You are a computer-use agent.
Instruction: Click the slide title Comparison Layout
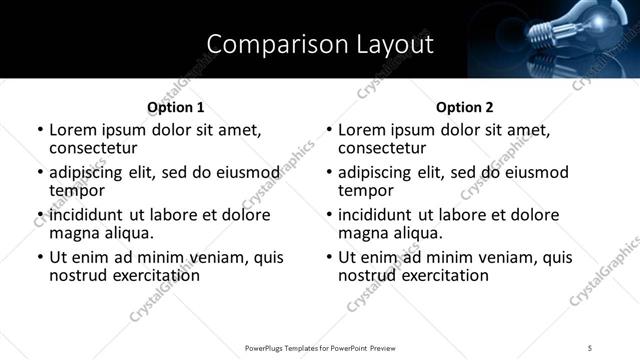(320, 44)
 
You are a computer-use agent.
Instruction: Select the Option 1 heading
(175, 107)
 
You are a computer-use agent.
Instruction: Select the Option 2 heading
(465, 107)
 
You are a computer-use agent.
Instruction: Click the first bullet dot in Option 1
(40, 130)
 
